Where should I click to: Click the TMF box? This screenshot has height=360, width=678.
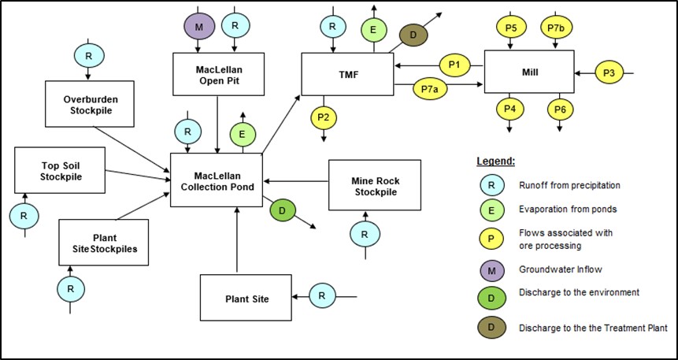point(347,74)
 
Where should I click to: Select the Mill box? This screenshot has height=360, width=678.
point(528,73)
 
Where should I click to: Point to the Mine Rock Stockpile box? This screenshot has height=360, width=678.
point(375,185)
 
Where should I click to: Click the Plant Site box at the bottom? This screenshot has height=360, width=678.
point(246,299)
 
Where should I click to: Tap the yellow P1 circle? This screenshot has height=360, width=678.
point(454,65)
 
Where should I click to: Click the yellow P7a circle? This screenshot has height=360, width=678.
point(429,89)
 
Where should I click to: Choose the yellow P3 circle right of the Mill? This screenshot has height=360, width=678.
point(608,73)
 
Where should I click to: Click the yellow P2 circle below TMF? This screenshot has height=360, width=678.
point(323,117)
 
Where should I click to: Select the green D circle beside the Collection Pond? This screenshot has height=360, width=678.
point(283,210)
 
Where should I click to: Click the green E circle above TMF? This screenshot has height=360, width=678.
point(374,30)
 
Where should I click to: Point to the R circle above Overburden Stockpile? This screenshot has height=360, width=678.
point(87,55)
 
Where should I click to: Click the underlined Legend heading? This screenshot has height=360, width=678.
point(495,161)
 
